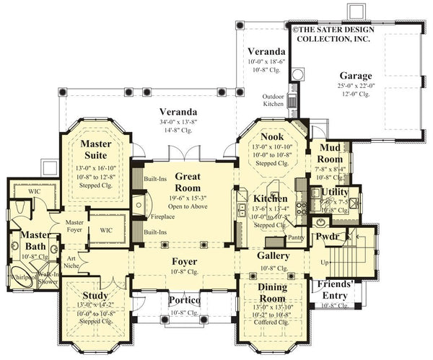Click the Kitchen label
point(271,198)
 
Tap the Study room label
point(95,295)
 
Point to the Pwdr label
point(327,237)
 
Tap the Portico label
point(184,299)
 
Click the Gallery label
point(274,255)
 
